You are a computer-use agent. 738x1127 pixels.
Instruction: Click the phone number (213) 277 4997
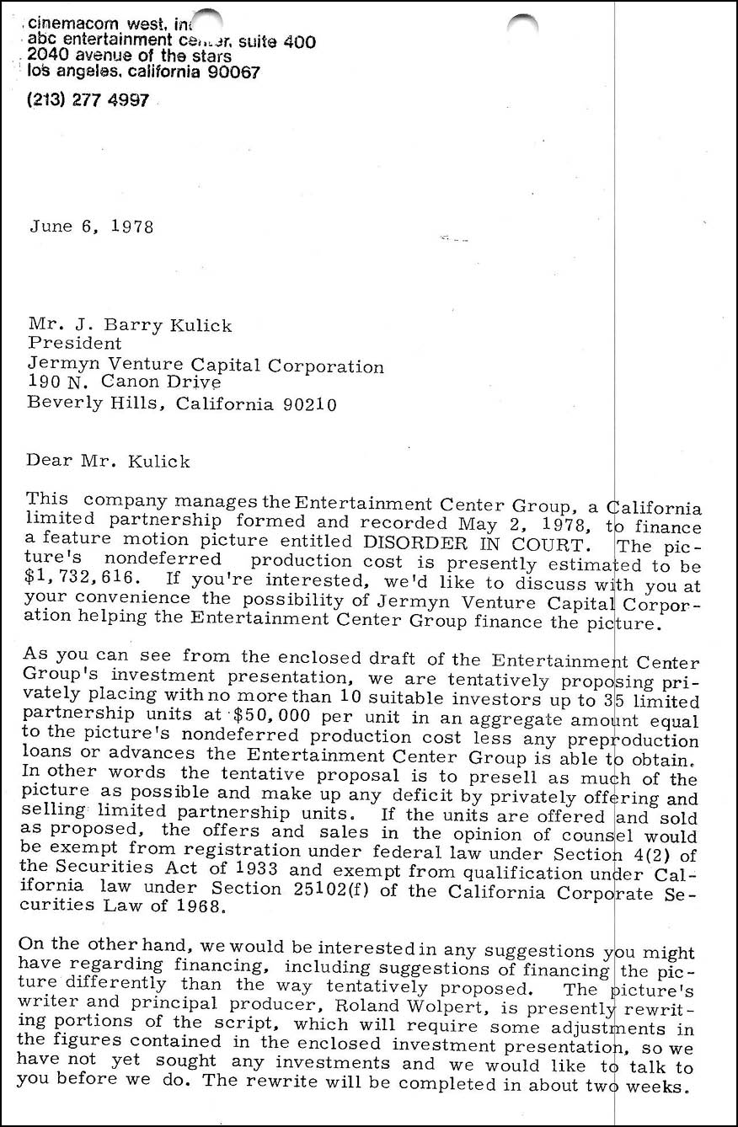click(x=88, y=99)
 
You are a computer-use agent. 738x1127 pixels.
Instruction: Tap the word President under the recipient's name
click(x=75, y=344)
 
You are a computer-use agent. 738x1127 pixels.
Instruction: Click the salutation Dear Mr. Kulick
click(x=109, y=462)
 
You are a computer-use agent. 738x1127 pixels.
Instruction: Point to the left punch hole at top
click(x=206, y=22)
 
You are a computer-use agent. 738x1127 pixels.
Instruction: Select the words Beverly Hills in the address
click(x=93, y=404)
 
